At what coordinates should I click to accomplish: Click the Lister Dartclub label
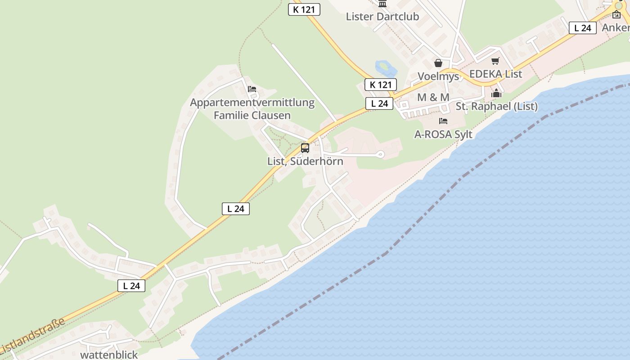(x=382, y=17)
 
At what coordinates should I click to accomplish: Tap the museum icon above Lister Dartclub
(x=382, y=4)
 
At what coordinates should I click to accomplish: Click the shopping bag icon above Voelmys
(x=438, y=63)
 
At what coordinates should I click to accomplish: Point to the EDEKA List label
(x=495, y=74)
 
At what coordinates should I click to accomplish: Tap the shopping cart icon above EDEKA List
(x=495, y=61)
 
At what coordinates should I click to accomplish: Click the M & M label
(x=433, y=97)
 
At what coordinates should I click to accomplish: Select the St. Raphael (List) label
(x=496, y=107)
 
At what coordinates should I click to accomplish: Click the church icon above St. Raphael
(x=496, y=94)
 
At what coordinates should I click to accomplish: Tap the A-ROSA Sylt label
(x=443, y=134)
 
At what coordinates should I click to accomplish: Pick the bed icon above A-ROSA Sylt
(x=443, y=121)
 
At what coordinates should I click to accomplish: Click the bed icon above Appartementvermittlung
(x=252, y=89)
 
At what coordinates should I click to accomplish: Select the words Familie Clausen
(x=252, y=115)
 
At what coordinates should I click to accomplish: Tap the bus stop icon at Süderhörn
(x=305, y=148)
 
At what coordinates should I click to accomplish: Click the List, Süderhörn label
(x=305, y=161)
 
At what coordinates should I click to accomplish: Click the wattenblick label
(x=109, y=355)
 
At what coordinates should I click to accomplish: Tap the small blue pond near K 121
(x=385, y=69)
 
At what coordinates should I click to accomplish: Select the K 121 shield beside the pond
(x=380, y=85)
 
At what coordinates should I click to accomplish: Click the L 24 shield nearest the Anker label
(x=582, y=28)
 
